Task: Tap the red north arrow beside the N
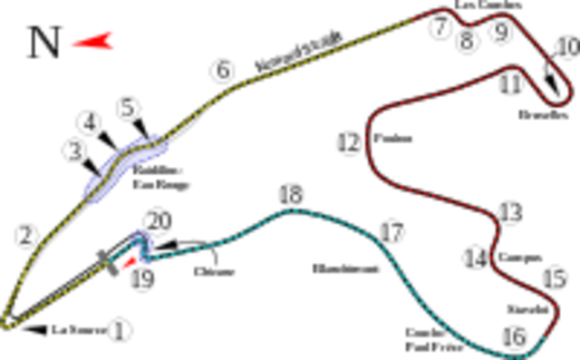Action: pos(94,41)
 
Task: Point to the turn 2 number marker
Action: pos(28,238)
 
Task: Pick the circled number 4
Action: pos(89,121)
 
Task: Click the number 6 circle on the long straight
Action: pos(220,69)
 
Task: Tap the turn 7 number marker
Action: pos(440,30)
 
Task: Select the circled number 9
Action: pos(500,33)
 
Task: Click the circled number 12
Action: pos(350,142)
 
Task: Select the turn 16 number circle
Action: pos(517,337)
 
